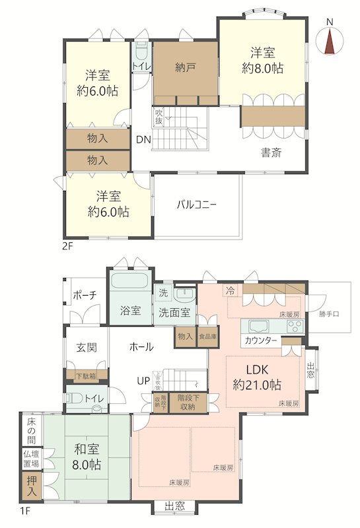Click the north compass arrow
click(330, 40)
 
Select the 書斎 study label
click(271, 153)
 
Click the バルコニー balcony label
click(196, 205)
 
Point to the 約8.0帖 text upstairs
click(262, 67)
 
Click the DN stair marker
click(143, 139)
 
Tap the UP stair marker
click(143, 381)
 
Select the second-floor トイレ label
click(141, 67)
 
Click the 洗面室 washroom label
click(174, 312)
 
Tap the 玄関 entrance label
click(86, 347)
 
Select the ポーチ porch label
click(86, 294)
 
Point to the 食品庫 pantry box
click(207, 336)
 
